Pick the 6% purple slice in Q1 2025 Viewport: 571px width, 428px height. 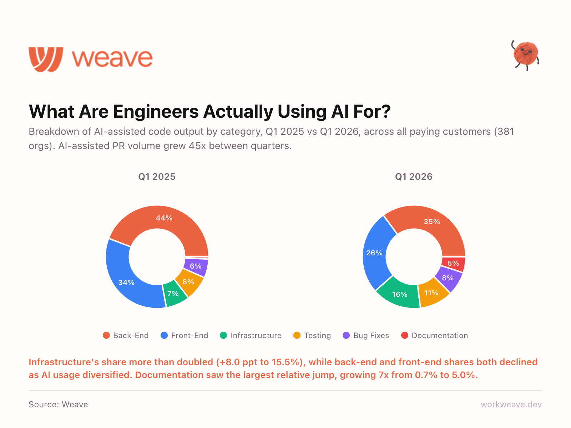196,267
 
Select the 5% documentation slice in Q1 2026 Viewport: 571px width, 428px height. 453,264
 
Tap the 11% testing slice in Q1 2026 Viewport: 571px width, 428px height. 432,293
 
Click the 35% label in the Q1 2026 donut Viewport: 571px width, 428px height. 432,222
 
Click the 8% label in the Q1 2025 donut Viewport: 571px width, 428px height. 188,282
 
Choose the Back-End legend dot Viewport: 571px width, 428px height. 106,335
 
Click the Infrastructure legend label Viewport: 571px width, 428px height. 256,336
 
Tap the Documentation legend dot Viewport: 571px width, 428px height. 405,335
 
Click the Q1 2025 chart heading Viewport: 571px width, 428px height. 157,177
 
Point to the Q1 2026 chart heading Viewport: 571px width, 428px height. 414,177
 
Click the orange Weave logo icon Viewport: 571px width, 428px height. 46,59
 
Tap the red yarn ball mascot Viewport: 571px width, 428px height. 525,54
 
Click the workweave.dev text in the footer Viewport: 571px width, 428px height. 511,404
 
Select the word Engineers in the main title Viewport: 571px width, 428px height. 156,112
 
